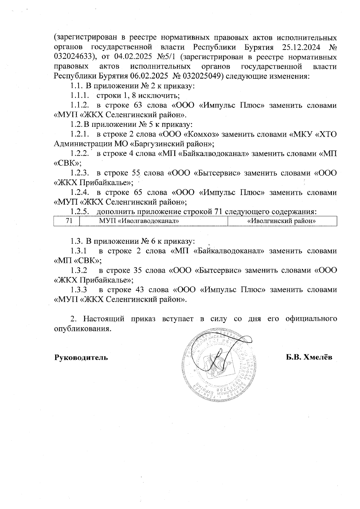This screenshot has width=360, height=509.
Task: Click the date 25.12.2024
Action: [301, 47]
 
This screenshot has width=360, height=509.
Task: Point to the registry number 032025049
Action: [202, 76]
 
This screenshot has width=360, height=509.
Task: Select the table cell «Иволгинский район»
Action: [282, 222]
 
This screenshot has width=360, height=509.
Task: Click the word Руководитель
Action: [81, 358]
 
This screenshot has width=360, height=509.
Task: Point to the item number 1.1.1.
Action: [80, 96]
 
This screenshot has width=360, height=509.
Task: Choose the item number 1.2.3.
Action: [80, 173]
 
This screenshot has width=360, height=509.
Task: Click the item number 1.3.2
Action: [79, 270]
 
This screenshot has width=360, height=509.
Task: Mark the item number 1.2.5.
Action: [80, 212]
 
